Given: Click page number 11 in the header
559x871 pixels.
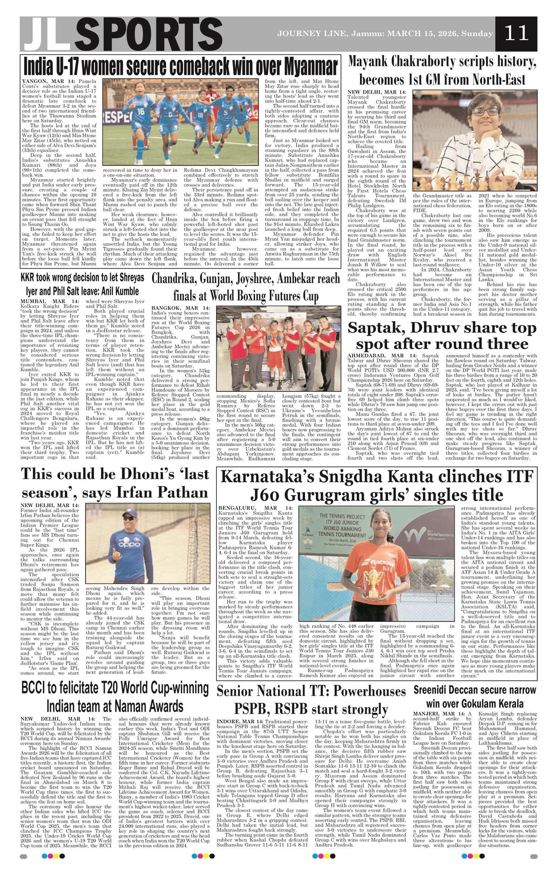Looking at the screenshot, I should (x=516, y=33).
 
